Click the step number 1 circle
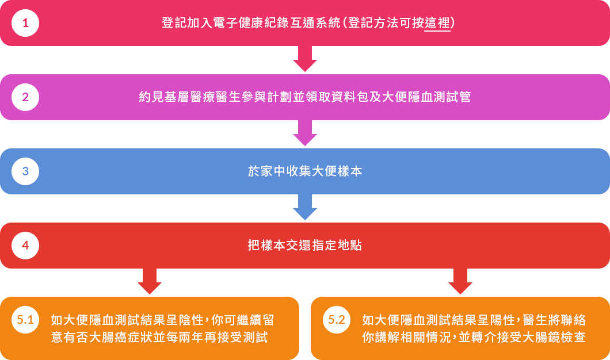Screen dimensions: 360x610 (x=25, y=23)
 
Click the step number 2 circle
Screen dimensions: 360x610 (x=25, y=97)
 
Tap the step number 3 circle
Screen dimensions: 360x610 (x=25, y=171)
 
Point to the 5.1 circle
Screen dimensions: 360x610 (x=25, y=320)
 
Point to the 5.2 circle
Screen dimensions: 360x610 (x=336, y=320)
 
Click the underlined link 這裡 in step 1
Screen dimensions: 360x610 (x=437, y=24)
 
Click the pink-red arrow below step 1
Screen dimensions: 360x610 (x=305, y=59)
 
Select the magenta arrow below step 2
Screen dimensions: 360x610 (x=305, y=133)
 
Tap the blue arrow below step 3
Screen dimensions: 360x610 (x=305, y=207)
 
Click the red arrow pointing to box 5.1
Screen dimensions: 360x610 (x=150, y=282)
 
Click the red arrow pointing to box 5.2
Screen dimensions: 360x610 (x=460, y=282)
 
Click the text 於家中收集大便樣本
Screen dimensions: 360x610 (x=305, y=171)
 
